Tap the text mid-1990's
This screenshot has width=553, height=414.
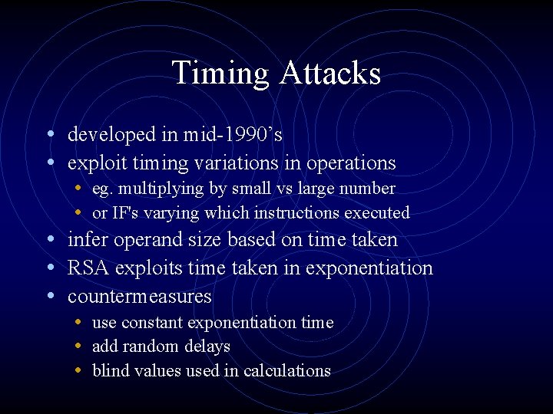point(233,135)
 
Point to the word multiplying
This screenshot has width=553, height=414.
point(160,189)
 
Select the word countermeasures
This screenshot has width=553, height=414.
point(139,297)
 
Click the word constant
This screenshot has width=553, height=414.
point(156,323)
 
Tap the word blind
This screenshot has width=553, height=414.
point(110,371)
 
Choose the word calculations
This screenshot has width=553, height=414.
point(287,371)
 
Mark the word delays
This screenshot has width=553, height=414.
point(206,347)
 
